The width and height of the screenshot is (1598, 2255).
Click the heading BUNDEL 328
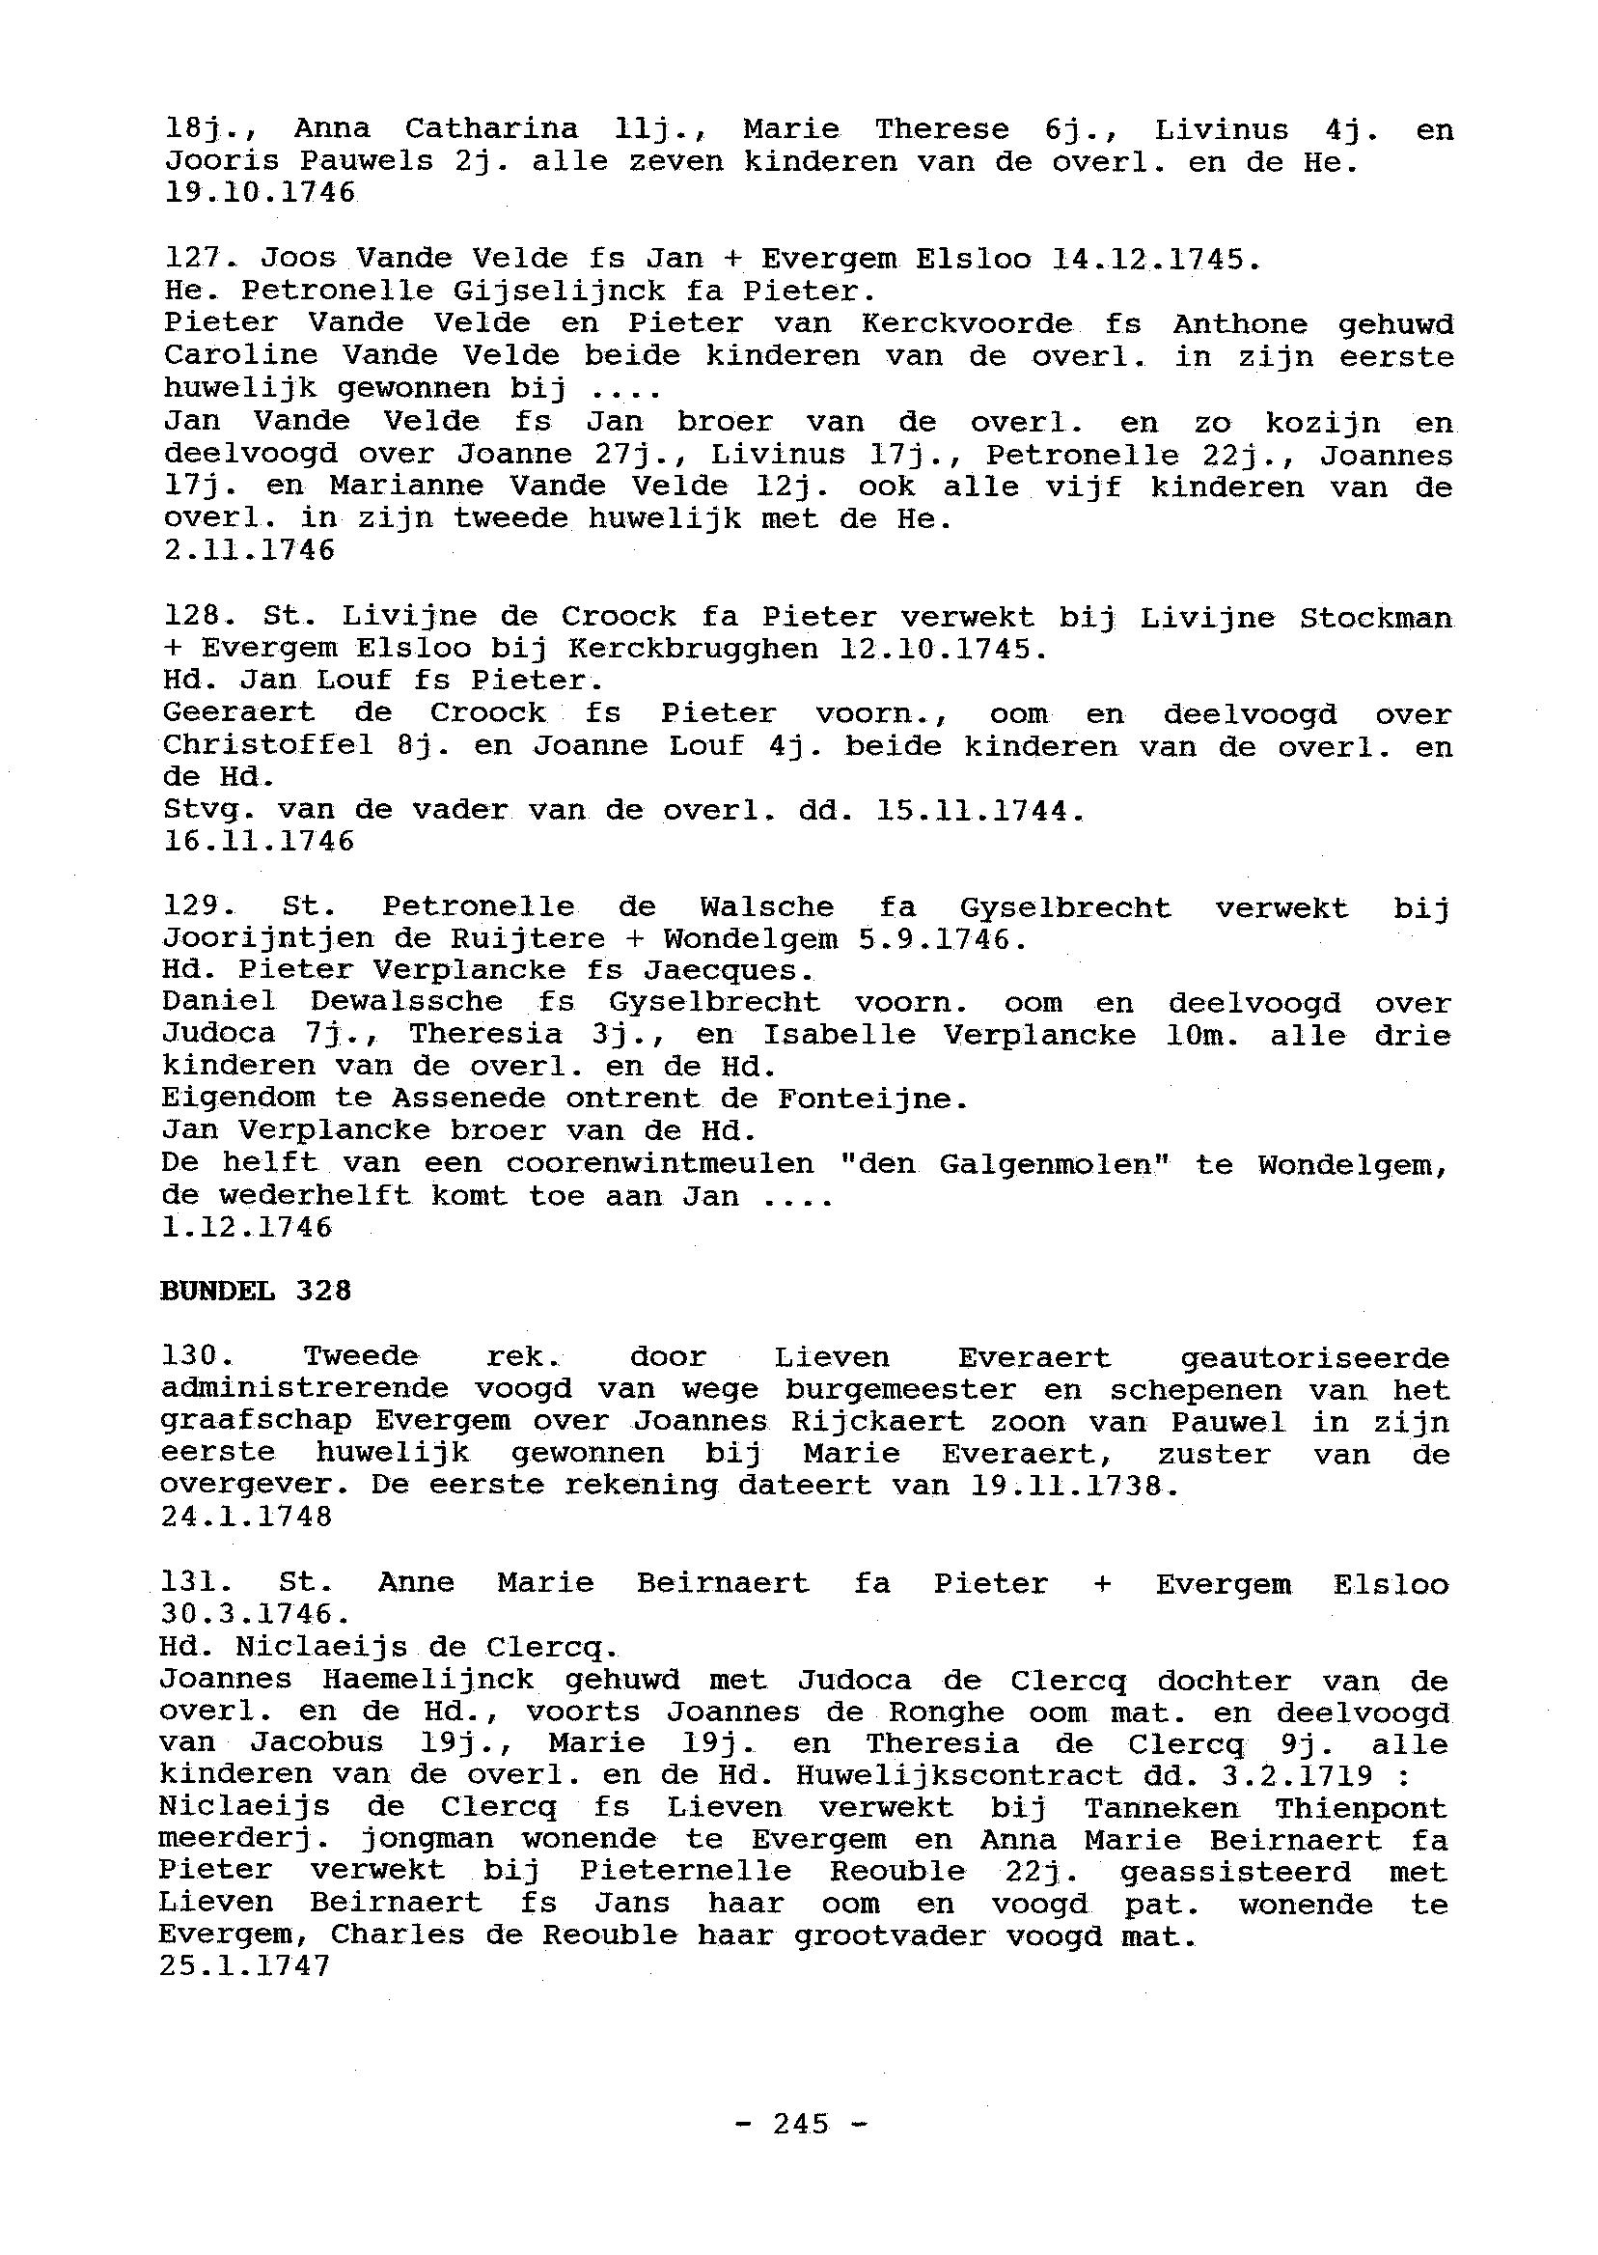[x=256, y=1291]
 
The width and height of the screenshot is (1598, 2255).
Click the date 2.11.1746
[x=249, y=549]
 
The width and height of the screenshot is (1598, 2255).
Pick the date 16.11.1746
[x=258, y=841]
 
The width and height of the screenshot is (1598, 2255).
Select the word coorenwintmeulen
[x=660, y=1163]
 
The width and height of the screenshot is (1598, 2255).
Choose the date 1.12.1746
[x=247, y=1227]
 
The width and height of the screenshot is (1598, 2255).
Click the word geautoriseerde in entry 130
[x=1313, y=1358]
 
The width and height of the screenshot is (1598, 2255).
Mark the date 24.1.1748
[x=247, y=1517]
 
